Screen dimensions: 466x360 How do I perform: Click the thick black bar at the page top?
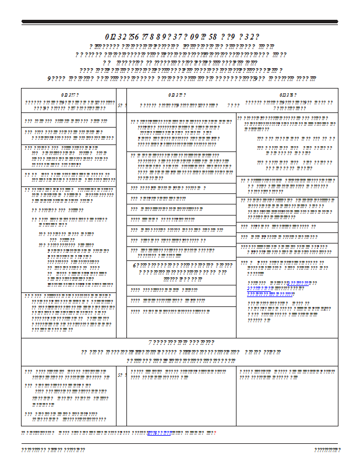[x=179, y=22]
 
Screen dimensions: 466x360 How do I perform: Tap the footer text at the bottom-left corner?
[x=53, y=450]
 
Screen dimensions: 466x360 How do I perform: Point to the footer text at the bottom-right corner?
[x=327, y=450]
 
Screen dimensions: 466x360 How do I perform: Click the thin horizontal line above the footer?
[x=179, y=443]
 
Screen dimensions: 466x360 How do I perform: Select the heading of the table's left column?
[x=69, y=94]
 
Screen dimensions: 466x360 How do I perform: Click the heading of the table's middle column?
[x=177, y=94]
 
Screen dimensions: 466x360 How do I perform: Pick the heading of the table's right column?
[x=287, y=94]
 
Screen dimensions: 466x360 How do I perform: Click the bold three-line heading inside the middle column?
[x=181, y=272]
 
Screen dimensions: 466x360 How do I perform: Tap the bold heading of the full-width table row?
[x=179, y=343]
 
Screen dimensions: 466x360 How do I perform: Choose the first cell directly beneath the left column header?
[x=69, y=121]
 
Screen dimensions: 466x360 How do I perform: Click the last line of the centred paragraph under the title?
[x=181, y=79]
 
